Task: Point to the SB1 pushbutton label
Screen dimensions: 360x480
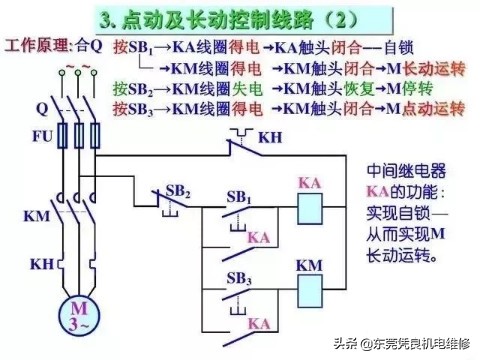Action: [240, 197]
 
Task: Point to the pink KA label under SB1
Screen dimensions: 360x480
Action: [258, 237]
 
